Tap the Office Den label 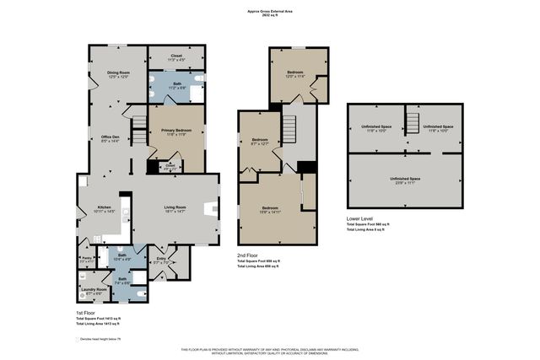pos(111,139)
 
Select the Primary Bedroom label pos(177,131)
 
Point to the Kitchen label pos(105,207)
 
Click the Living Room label pos(175,207)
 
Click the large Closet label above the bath pos(176,56)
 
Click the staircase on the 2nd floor pos(289,129)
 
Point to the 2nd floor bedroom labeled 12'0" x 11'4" pos(294,73)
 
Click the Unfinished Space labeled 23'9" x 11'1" pos(404,180)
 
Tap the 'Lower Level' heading pos(360,218)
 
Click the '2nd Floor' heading pos(247,255)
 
